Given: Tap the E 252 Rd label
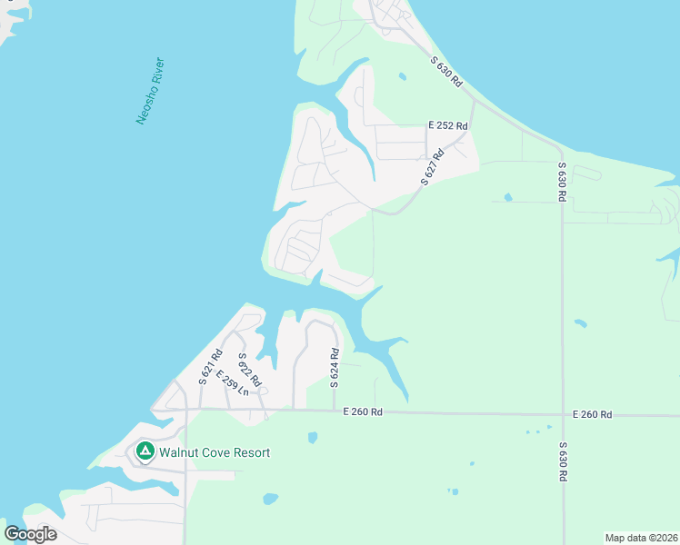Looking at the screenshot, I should click(x=448, y=126).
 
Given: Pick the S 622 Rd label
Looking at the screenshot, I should click(x=249, y=370).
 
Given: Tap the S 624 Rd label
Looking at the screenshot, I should click(x=335, y=366).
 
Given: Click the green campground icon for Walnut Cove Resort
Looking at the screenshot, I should click(x=144, y=451).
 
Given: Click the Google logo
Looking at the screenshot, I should click(x=30, y=534).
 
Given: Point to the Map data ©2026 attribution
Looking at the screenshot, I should click(x=641, y=538).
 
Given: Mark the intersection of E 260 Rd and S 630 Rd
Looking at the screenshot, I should click(x=563, y=414).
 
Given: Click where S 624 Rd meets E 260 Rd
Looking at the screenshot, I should click(x=335, y=411).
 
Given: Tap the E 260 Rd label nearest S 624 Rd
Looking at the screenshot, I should click(x=363, y=411).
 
